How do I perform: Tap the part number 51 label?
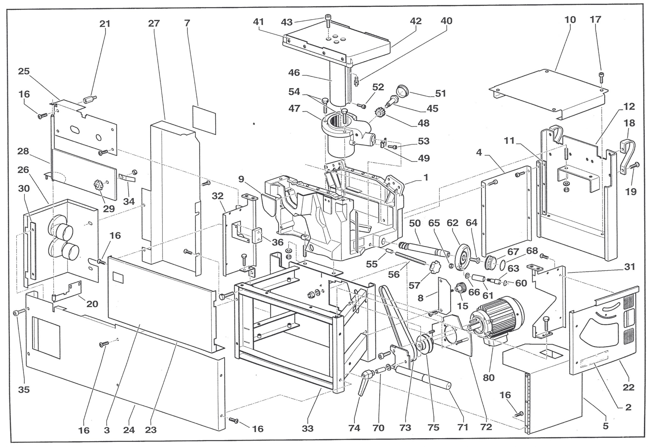pyautogui.click(x=440, y=93)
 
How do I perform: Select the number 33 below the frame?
pyautogui.click(x=307, y=428)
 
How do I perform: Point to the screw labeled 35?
pyautogui.click(x=16, y=314)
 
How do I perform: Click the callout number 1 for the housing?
pyautogui.click(x=426, y=177)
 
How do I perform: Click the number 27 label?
pyautogui.click(x=154, y=24)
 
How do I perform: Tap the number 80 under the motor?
pyautogui.click(x=489, y=378)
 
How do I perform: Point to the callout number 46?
pyautogui.click(x=294, y=73)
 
